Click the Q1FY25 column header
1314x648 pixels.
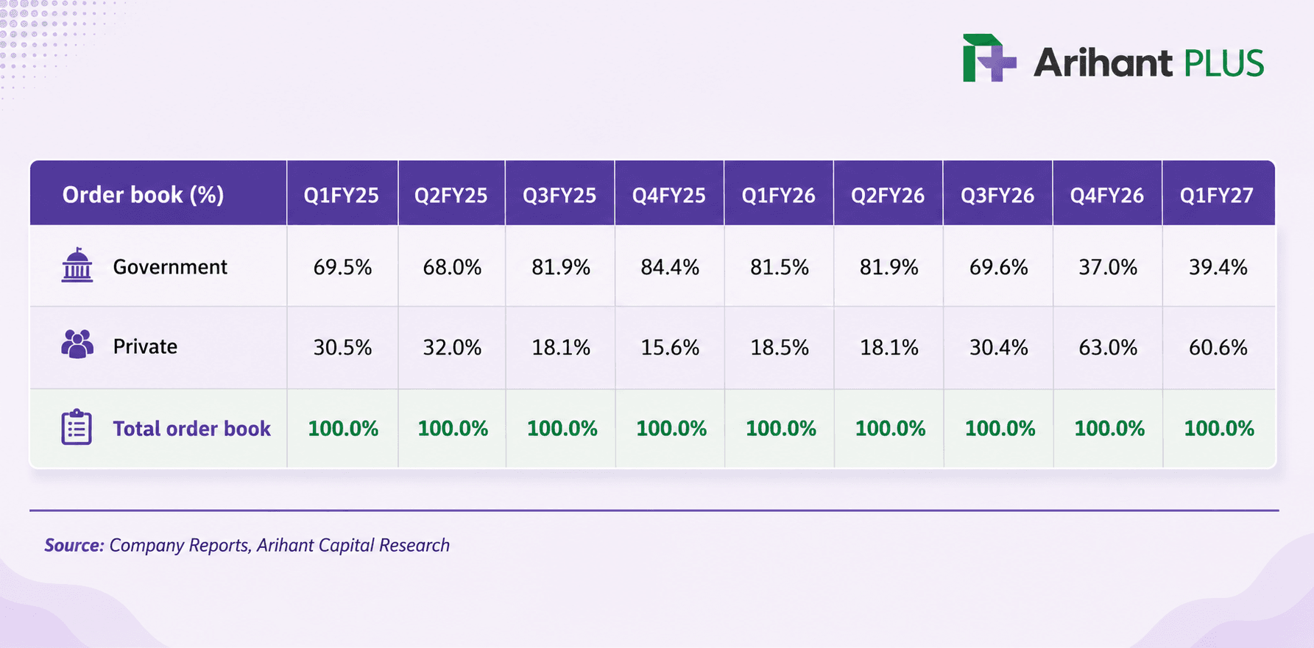click(x=342, y=195)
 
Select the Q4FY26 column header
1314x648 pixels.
click(x=1107, y=195)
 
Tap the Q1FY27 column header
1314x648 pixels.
click(x=1216, y=195)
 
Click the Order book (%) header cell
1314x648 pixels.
click(x=143, y=194)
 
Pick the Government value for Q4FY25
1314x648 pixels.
click(x=670, y=267)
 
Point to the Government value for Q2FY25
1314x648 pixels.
click(x=452, y=267)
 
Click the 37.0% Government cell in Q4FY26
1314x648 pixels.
click(x=1108, y=267)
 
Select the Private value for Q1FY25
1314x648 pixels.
click(x=342, y=347)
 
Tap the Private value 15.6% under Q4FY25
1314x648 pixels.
click(x=670, y=347)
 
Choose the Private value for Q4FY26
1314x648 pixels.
click(x=1108, y=347)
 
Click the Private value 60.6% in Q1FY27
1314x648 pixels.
click(x=1218, y=347)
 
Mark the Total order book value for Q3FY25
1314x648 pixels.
click(x=562, y=429)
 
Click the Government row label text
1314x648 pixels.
click(x=170, y=266)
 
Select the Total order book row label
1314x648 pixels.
click(x=191, y=428)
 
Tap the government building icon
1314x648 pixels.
click(x=77, y=266)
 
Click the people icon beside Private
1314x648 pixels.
click(x=77, y=344)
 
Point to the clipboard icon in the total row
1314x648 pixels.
click(x=77, y=427)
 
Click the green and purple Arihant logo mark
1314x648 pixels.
click(x=989, y=57)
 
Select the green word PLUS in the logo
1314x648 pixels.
click(x=1223, y=63)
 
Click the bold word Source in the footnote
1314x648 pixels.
click(x=74, y=545)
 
